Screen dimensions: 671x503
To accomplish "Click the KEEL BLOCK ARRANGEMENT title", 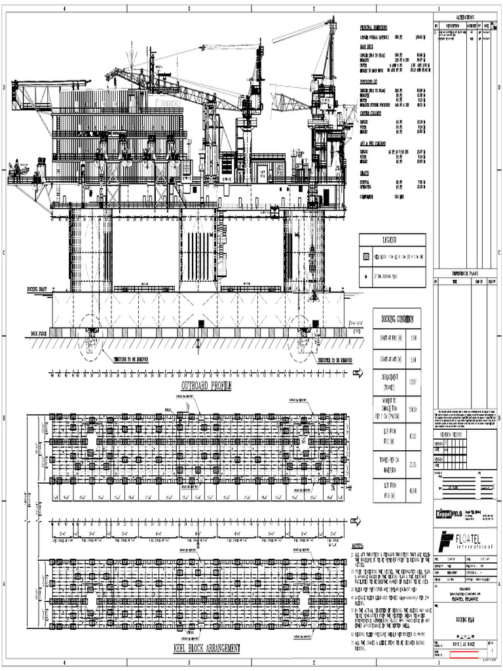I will [206, 648].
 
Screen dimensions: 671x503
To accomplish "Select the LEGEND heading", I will [392, 240].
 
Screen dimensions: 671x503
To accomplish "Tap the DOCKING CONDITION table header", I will [397, 319].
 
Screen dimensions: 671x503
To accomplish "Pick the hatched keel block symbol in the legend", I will [367, 258].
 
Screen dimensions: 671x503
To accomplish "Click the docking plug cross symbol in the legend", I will [367, 277].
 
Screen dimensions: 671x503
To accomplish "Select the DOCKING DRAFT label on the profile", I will [37, 288].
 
